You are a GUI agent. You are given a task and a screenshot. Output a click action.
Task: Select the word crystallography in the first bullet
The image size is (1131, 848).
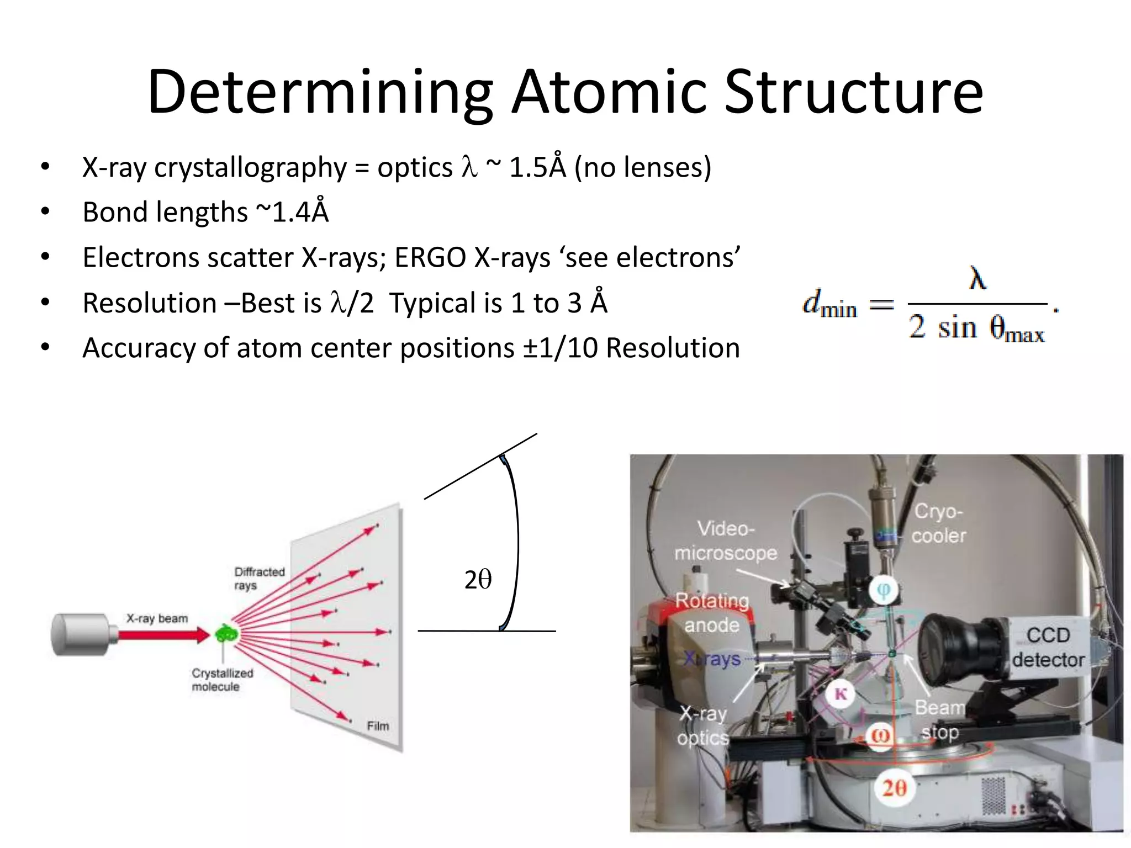pos(250,168)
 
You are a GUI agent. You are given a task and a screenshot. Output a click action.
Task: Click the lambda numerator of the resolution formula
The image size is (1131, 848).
pos(977,278)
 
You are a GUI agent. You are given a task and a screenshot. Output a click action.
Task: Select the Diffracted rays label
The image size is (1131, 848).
pos(259,578)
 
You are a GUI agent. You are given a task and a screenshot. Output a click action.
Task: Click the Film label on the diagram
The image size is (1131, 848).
pos(378,726)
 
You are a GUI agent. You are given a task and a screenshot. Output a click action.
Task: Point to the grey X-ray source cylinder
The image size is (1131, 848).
pos(80,634)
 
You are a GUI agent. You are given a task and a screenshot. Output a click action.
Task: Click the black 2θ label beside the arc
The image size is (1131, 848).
pos(478,580)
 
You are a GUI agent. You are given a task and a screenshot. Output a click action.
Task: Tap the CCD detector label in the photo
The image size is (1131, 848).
pos(1048,647)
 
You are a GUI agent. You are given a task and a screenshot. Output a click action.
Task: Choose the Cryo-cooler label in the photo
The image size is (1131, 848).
pos(938,523)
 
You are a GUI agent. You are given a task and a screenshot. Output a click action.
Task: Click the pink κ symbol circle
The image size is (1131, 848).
pos(841,694)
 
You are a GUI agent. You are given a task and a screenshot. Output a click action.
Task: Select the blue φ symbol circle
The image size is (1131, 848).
pos(883,590)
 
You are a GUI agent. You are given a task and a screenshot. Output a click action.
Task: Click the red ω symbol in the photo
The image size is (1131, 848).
pos(880,735)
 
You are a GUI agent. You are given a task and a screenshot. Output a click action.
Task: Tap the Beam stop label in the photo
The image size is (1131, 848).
pos(939,720)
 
